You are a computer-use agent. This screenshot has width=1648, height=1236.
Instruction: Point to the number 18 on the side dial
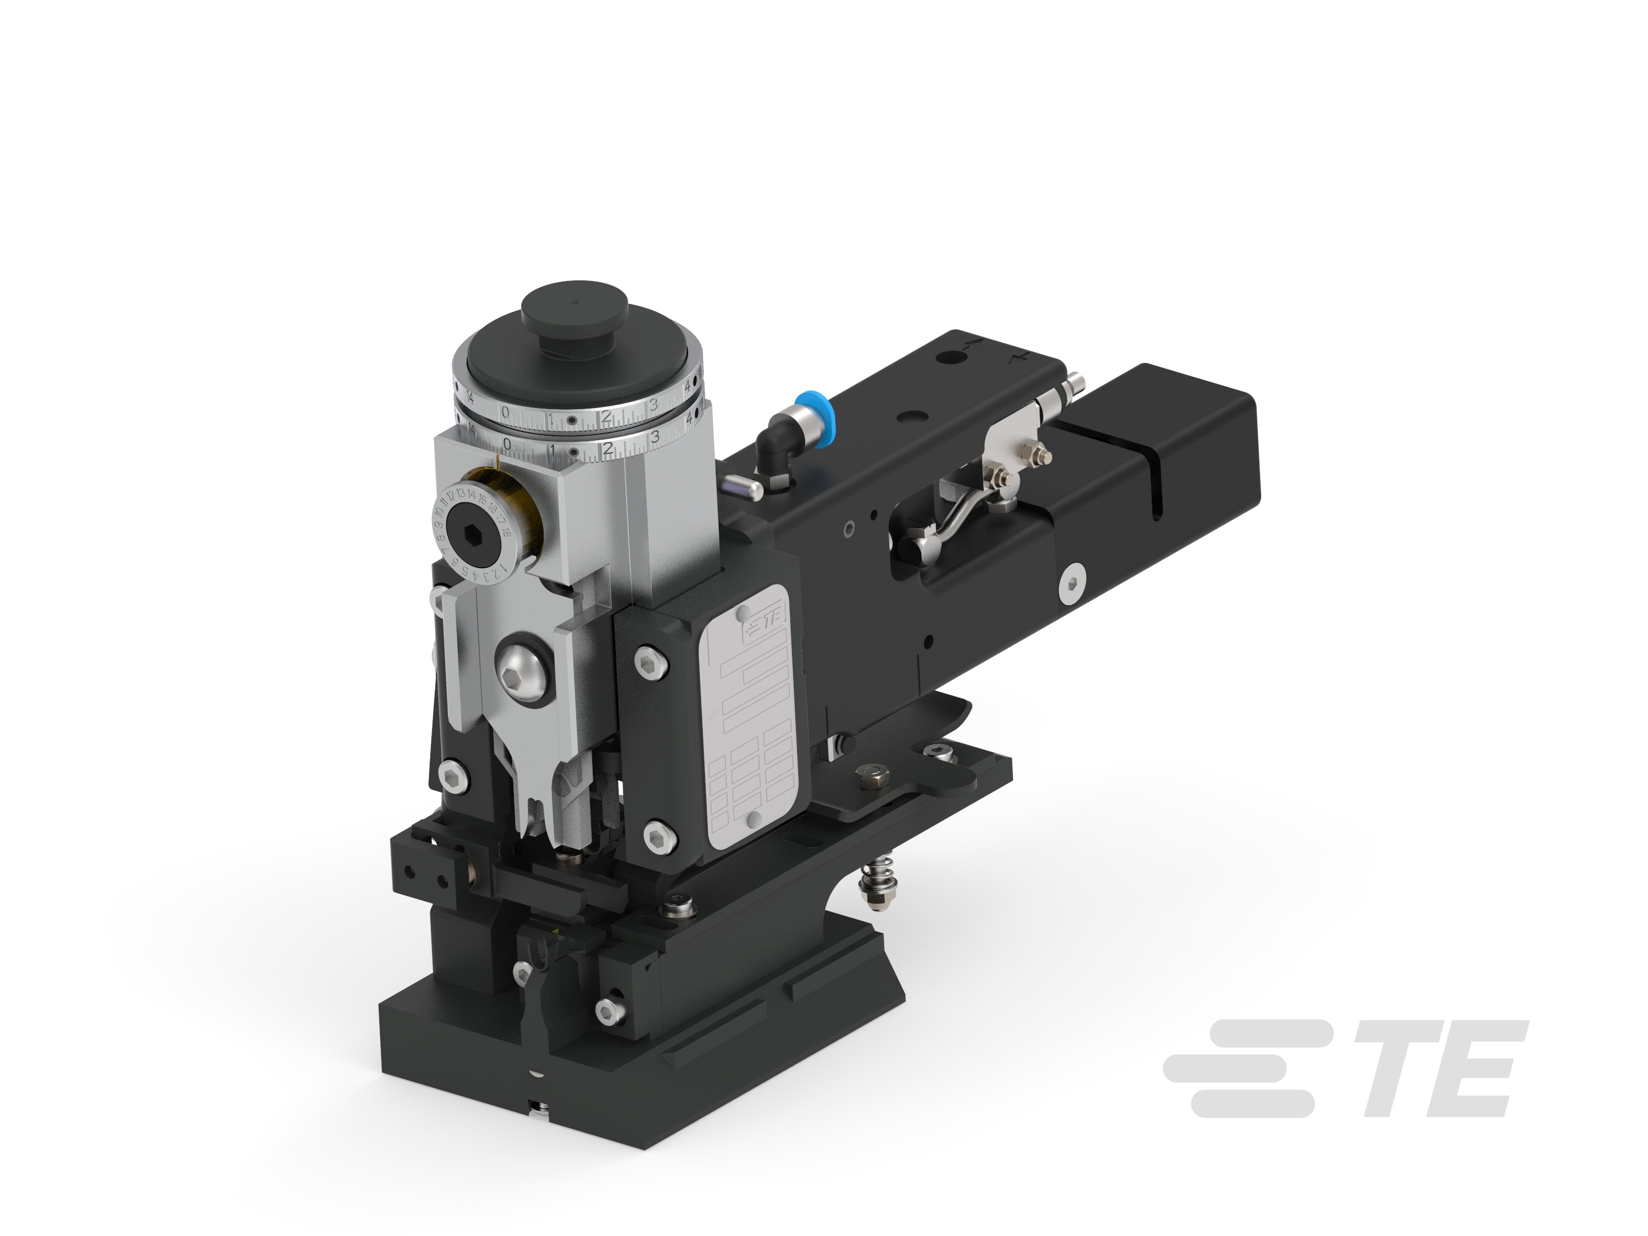pyautogui.click(x=506, y=531)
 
